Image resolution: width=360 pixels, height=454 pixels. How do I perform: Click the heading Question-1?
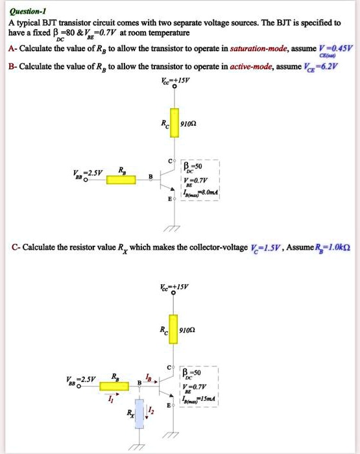[x=27, y=10]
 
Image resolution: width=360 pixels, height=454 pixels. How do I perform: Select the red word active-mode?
[x=243, y=66]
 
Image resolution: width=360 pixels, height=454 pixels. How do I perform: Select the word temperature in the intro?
[x=167, y=32]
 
